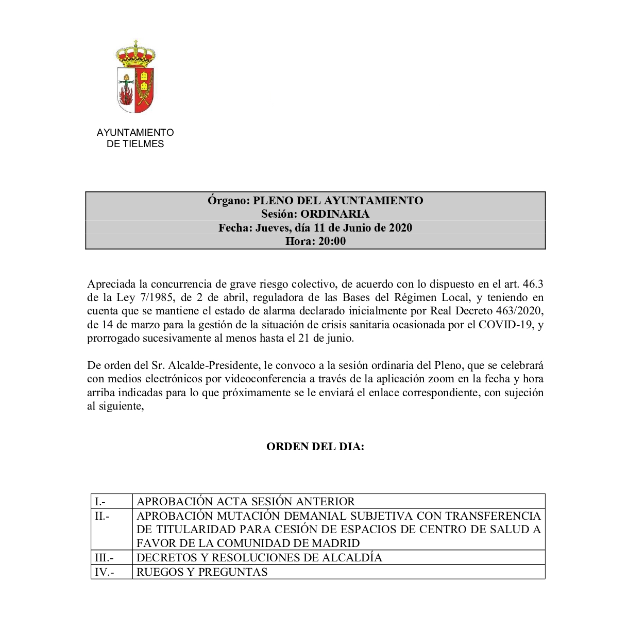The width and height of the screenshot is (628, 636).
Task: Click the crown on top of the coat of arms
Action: [135, 55]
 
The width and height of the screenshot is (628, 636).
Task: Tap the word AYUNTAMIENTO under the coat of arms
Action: [135, 132]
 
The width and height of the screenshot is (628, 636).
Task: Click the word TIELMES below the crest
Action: [143, 144]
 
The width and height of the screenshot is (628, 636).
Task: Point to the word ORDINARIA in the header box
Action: [335, 214]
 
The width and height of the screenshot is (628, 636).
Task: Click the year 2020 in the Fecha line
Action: [400, 228]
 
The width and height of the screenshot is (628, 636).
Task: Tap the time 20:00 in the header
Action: [332, 241]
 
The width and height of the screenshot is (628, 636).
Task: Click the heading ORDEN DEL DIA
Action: [315, 447]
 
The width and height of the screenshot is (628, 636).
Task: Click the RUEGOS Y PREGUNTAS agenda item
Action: [202, 572]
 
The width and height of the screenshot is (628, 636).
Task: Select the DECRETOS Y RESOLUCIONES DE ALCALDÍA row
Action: [259, 558]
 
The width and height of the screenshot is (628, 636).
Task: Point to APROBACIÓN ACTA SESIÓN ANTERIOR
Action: [246, 502]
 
